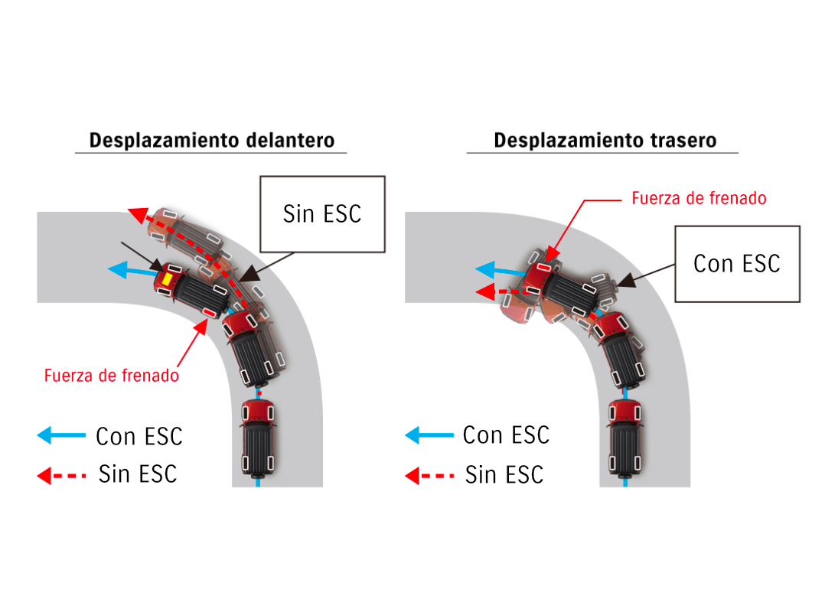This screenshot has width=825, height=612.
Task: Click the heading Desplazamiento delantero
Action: point(212,141)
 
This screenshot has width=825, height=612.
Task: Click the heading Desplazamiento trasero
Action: point(605,141)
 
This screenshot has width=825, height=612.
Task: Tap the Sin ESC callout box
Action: point(321,213)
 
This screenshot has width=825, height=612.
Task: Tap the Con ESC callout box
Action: point(736,263)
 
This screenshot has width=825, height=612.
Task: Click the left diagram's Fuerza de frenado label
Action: point(112,376)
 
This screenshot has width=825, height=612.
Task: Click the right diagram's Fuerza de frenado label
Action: point(699,198)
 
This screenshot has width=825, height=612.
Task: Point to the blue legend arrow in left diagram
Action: point(61,435)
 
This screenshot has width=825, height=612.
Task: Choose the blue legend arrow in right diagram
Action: point(429,435)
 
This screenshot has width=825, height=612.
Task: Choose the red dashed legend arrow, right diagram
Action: point(429,476)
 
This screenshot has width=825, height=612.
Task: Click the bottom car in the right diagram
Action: point(625,436)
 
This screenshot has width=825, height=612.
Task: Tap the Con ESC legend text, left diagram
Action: point(139,436)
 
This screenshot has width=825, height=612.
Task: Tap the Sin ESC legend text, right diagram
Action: point(504,475)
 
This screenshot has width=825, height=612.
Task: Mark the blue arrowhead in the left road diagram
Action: point(117,269)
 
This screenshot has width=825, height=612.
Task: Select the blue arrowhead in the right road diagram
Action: point(484,269)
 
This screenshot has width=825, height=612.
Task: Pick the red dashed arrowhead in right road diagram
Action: point(483,291)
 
